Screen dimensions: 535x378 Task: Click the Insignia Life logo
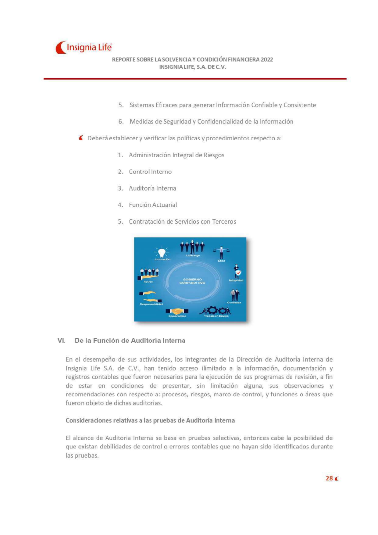84,48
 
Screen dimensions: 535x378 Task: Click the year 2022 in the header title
267,59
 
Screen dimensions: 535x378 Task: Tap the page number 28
329,478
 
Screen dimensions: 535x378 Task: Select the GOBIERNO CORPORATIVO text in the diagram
192,281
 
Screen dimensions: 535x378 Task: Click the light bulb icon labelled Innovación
162,252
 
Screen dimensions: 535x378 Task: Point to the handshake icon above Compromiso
177,311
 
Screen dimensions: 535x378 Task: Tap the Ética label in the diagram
221,261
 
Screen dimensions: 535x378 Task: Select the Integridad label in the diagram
236,280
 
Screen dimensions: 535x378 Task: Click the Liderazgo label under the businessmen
193,255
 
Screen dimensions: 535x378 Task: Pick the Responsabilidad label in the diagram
151,304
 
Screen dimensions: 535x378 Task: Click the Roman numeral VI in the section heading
61,341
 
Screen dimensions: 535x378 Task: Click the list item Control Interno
150,172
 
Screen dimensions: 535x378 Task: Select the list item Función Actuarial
153,205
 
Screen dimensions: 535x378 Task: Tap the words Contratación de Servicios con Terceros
182,222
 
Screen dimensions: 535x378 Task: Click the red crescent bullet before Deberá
81,138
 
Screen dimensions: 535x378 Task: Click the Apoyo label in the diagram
148,282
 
